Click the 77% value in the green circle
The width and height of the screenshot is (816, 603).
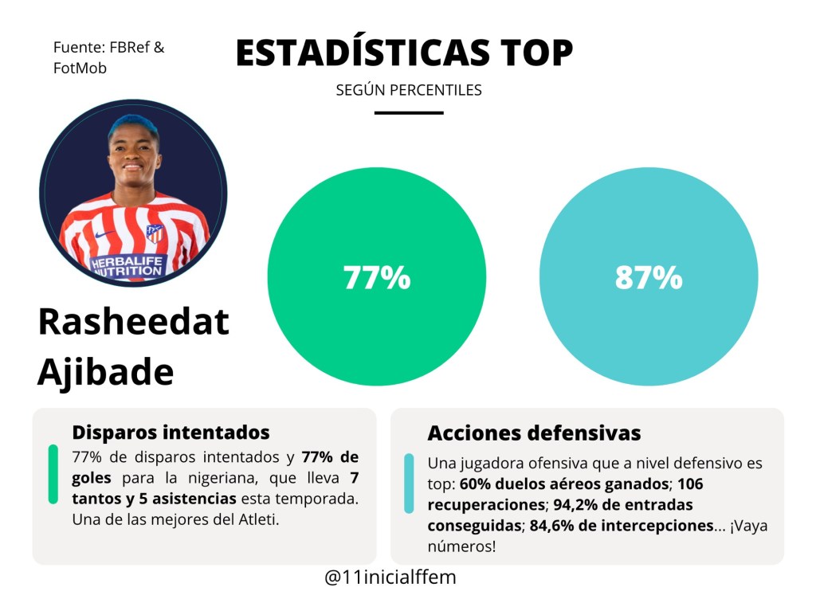[x=377, y=278]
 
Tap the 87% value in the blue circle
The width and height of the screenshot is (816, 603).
[x=649, y=278]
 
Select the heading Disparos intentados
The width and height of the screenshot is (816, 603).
[x=171, y=433]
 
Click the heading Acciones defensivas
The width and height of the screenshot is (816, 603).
[x=534, y=433]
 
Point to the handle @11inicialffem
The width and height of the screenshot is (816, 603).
[x=390, y=578]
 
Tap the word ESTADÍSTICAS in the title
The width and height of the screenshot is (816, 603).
[x=363, y=53]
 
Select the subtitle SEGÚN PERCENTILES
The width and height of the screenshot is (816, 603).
[x=409, y=90]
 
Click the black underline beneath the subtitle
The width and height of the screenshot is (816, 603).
[x=409, y=112]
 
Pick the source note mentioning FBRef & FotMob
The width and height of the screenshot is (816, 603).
[x=108, y=57]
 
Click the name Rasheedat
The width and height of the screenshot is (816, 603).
[x=133, y=323]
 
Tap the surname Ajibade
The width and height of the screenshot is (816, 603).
[x=105, y=371]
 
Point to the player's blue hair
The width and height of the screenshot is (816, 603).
[x=133, y=126]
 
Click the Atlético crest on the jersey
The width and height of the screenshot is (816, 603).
[x=154, y=233]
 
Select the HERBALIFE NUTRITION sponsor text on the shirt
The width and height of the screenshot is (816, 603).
[x=127, y=266]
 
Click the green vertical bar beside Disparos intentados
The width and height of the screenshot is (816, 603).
[x=53, y=474]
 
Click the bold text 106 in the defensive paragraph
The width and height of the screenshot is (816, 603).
[x=689, y=484]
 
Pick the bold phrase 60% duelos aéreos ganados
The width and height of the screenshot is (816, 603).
[x=564, y=484]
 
